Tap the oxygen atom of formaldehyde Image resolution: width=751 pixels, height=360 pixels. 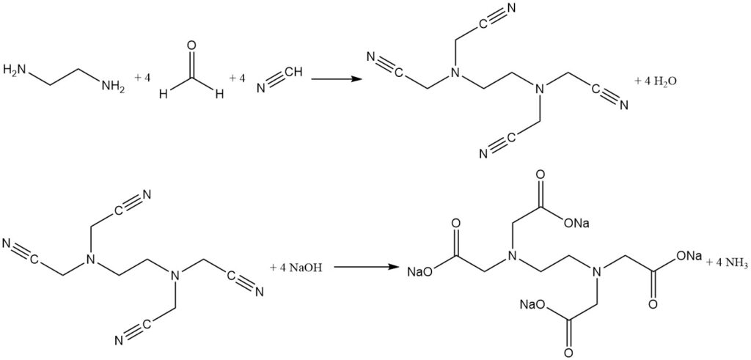[x=192, y=46]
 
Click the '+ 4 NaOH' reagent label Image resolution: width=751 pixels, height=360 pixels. [x=293, y=267]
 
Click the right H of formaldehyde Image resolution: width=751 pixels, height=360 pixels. [x=219, y=94]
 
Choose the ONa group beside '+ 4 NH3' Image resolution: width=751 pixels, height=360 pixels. [x=688, y=256]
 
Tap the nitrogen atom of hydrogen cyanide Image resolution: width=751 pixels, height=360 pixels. [x=261, y=88]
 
